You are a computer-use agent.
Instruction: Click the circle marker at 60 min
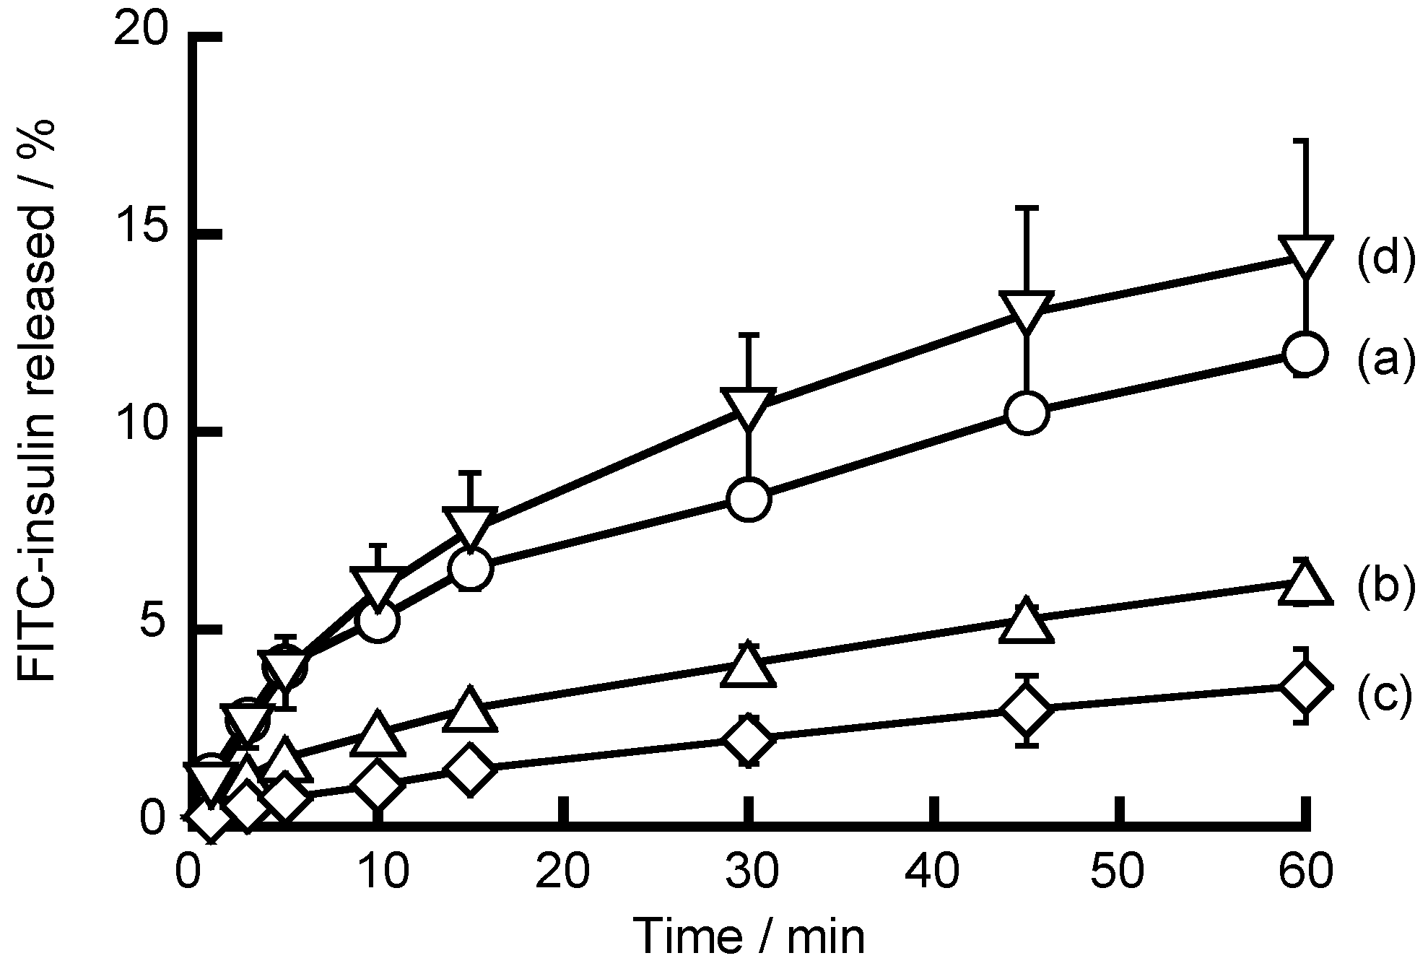[x=1305, y=353]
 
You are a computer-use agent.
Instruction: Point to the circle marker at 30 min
[x=749, y=499]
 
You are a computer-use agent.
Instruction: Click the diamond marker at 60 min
[x=1305, y=687]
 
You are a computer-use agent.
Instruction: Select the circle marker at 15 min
[x=470, y=569]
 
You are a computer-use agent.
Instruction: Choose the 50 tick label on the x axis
[x=1119, y=872]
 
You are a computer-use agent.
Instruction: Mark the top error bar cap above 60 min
[x=1305, y=141]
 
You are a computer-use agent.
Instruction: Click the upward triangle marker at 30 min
[x=749, y=665]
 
